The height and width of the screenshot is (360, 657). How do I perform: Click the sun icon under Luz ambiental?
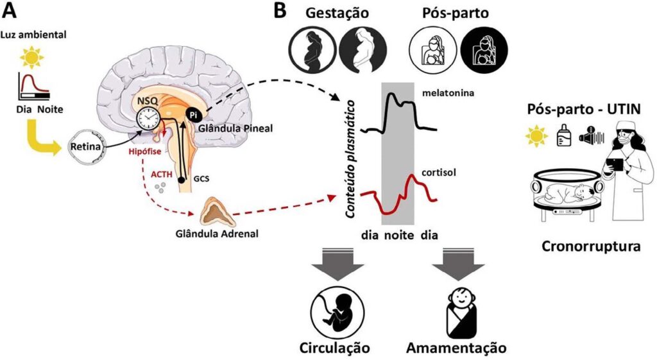point(30,59)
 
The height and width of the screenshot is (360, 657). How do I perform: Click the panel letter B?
point(280,11)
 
